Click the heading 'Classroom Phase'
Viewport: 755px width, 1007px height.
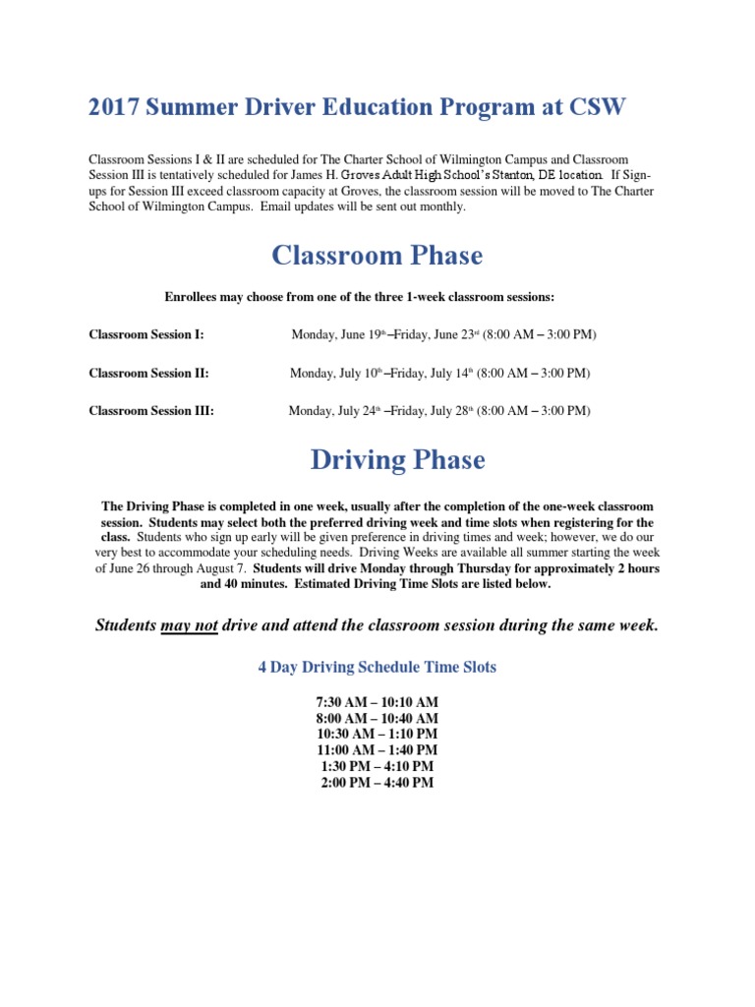tap(377, 256)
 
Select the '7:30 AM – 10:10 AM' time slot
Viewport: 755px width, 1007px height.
tap(377, 702)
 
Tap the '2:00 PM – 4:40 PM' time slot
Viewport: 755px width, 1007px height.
tap(377, 783)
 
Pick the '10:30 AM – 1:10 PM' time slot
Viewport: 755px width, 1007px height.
tap(377, 735)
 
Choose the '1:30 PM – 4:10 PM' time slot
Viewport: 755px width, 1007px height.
tap(377, 766)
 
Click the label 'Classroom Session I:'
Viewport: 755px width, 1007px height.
tap(146, 335)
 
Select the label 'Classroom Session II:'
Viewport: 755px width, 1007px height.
tap(148, 374)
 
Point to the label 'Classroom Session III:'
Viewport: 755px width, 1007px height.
tap(151, 411)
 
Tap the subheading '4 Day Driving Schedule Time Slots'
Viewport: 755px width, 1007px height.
tap(377, 667)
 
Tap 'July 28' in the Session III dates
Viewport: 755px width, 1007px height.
tap(447, 411)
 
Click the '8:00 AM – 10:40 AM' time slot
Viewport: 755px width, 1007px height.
tap(377, 719)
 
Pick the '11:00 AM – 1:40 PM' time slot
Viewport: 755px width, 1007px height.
tap(377, 750)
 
